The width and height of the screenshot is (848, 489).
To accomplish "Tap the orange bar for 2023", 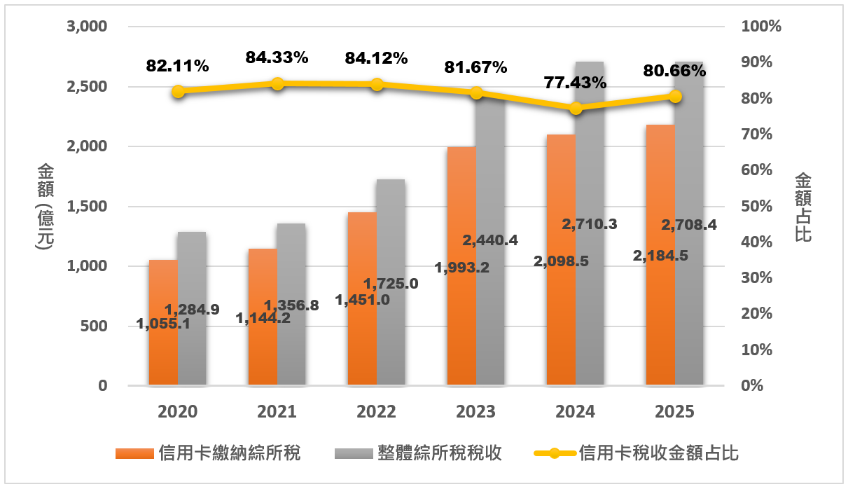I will [x=461, y=329].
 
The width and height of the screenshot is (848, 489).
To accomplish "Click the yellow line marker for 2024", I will [x=576, y=108].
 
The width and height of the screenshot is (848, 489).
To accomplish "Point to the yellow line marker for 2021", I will [x=277, y=83].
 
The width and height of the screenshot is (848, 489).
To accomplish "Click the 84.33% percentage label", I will [x=277, y=58].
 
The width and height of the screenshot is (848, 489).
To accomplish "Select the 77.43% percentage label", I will [x=575, y=83].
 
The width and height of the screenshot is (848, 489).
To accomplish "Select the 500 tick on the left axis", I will [x=93, y=326].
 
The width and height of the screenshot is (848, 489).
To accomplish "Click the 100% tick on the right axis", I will [x=760, y=27].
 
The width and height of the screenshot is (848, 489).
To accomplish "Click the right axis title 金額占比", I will [x=803, y=207].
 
